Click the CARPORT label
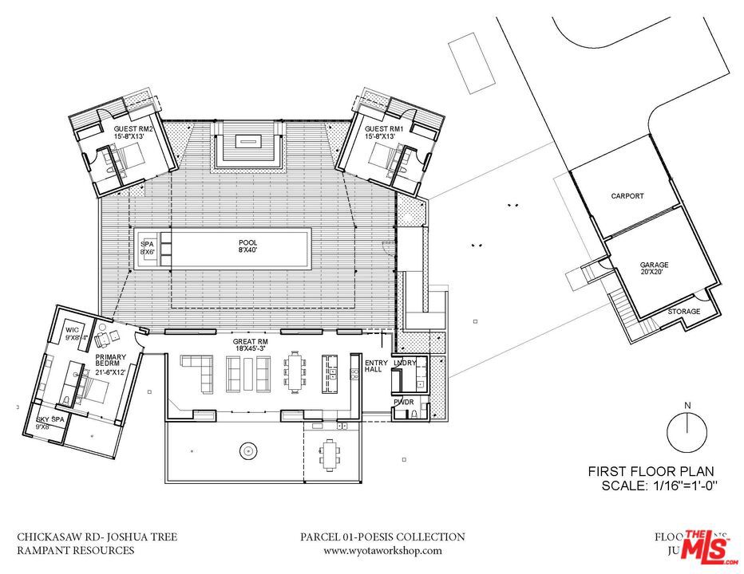[x=627, y=195]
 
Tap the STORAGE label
[x=683, y=311]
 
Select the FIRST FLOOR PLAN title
[x=651, y=472]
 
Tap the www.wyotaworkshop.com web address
[x=382, y=550]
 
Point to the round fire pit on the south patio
[x=249, y=452]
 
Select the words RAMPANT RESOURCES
[x=76, y=550]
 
